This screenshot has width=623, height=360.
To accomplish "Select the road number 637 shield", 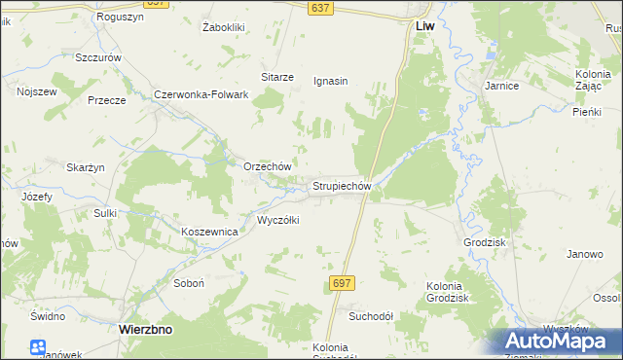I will pyautogui.click(x=319, y=8).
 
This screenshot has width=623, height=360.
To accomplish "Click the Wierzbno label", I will pyautogui.click(x=145, y=330).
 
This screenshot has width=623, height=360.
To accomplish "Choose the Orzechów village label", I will pyautogui.click(x=268, y=166).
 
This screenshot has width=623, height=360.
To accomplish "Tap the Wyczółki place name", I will pyautogui.click(x=277, y=220).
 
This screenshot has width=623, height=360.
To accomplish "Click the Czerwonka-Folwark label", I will pyautogui.click(x=202, y=94).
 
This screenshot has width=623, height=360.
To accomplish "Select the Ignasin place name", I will pyautogui.click(x=331, y=81).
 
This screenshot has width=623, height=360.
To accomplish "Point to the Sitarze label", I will pyautogui.click(x=276, y=76).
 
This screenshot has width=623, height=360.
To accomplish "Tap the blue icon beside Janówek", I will pyautogui.click(x=38, y=346).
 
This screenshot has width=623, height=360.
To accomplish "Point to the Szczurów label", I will pyautogui.click(x=98, y=57).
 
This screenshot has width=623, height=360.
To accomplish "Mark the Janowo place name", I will pyautogui.click(x=585, y=254).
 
